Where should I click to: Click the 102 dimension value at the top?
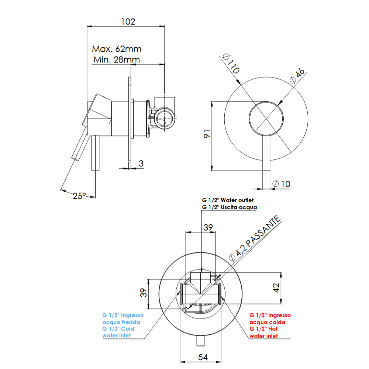tap(128, 21)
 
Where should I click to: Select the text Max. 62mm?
tap(117, 49)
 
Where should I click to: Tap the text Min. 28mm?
tap(116, 59)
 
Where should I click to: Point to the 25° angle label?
tap(79, 196)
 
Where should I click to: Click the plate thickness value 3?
tap(141, 163)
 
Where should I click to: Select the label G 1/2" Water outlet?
tap(229, 200)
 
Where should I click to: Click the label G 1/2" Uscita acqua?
tap(229, 207)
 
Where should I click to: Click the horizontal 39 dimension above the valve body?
tap(208, 228)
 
